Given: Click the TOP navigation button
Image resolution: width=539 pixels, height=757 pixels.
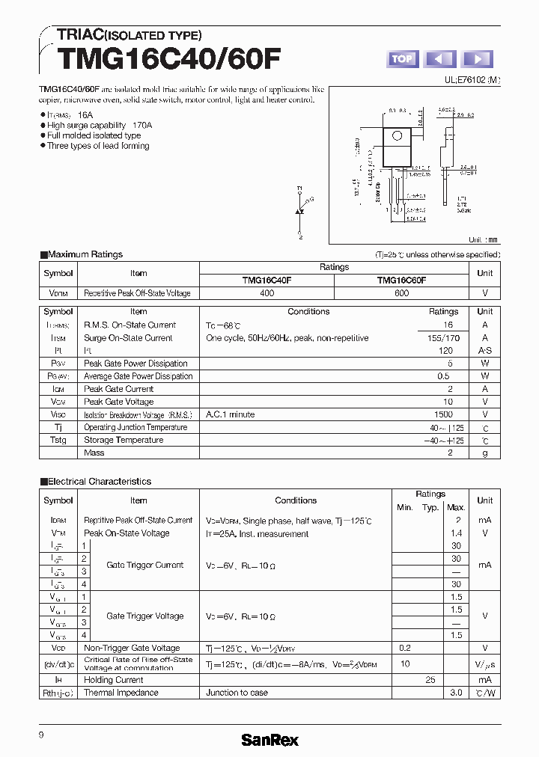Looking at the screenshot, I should pyautogui.click(x=402, y=59).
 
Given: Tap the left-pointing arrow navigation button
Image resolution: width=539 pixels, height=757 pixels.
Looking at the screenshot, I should pyautogui.click(x=440, y=59).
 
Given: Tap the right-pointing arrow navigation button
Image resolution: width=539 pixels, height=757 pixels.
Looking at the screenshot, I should pyautogui.click(x=478, y=59).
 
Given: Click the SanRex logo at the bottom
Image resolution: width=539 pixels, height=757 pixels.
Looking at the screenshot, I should pyautogui.click(x=269, y=740).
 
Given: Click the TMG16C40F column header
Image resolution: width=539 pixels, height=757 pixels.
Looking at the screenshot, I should pyautogui.click(x=267, y=281).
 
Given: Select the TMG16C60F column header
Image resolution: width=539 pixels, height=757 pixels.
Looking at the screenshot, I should pyautogui.click(x=401, y=281).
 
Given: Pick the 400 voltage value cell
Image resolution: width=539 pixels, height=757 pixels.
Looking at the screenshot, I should pyautogui.click(x=267, y=293).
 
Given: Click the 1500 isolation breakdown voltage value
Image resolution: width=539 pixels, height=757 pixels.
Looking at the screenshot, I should pyautogui.click(x=443, y=414).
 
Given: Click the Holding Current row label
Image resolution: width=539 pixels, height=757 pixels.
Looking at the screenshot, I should pyautogui.click(x=114, y=680).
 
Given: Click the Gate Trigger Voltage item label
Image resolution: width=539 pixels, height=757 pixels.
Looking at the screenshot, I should pyautogui.click(x=144, y=616).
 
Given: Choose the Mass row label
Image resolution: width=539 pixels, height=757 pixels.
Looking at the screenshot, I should pyautogui.click(x=94, y=453).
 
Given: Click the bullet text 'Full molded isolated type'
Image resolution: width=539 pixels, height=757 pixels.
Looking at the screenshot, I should pyautogui.click(x=94, y=135).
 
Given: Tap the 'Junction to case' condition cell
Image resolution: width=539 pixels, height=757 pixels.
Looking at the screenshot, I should pyautogui.click(x=237, y=693).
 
